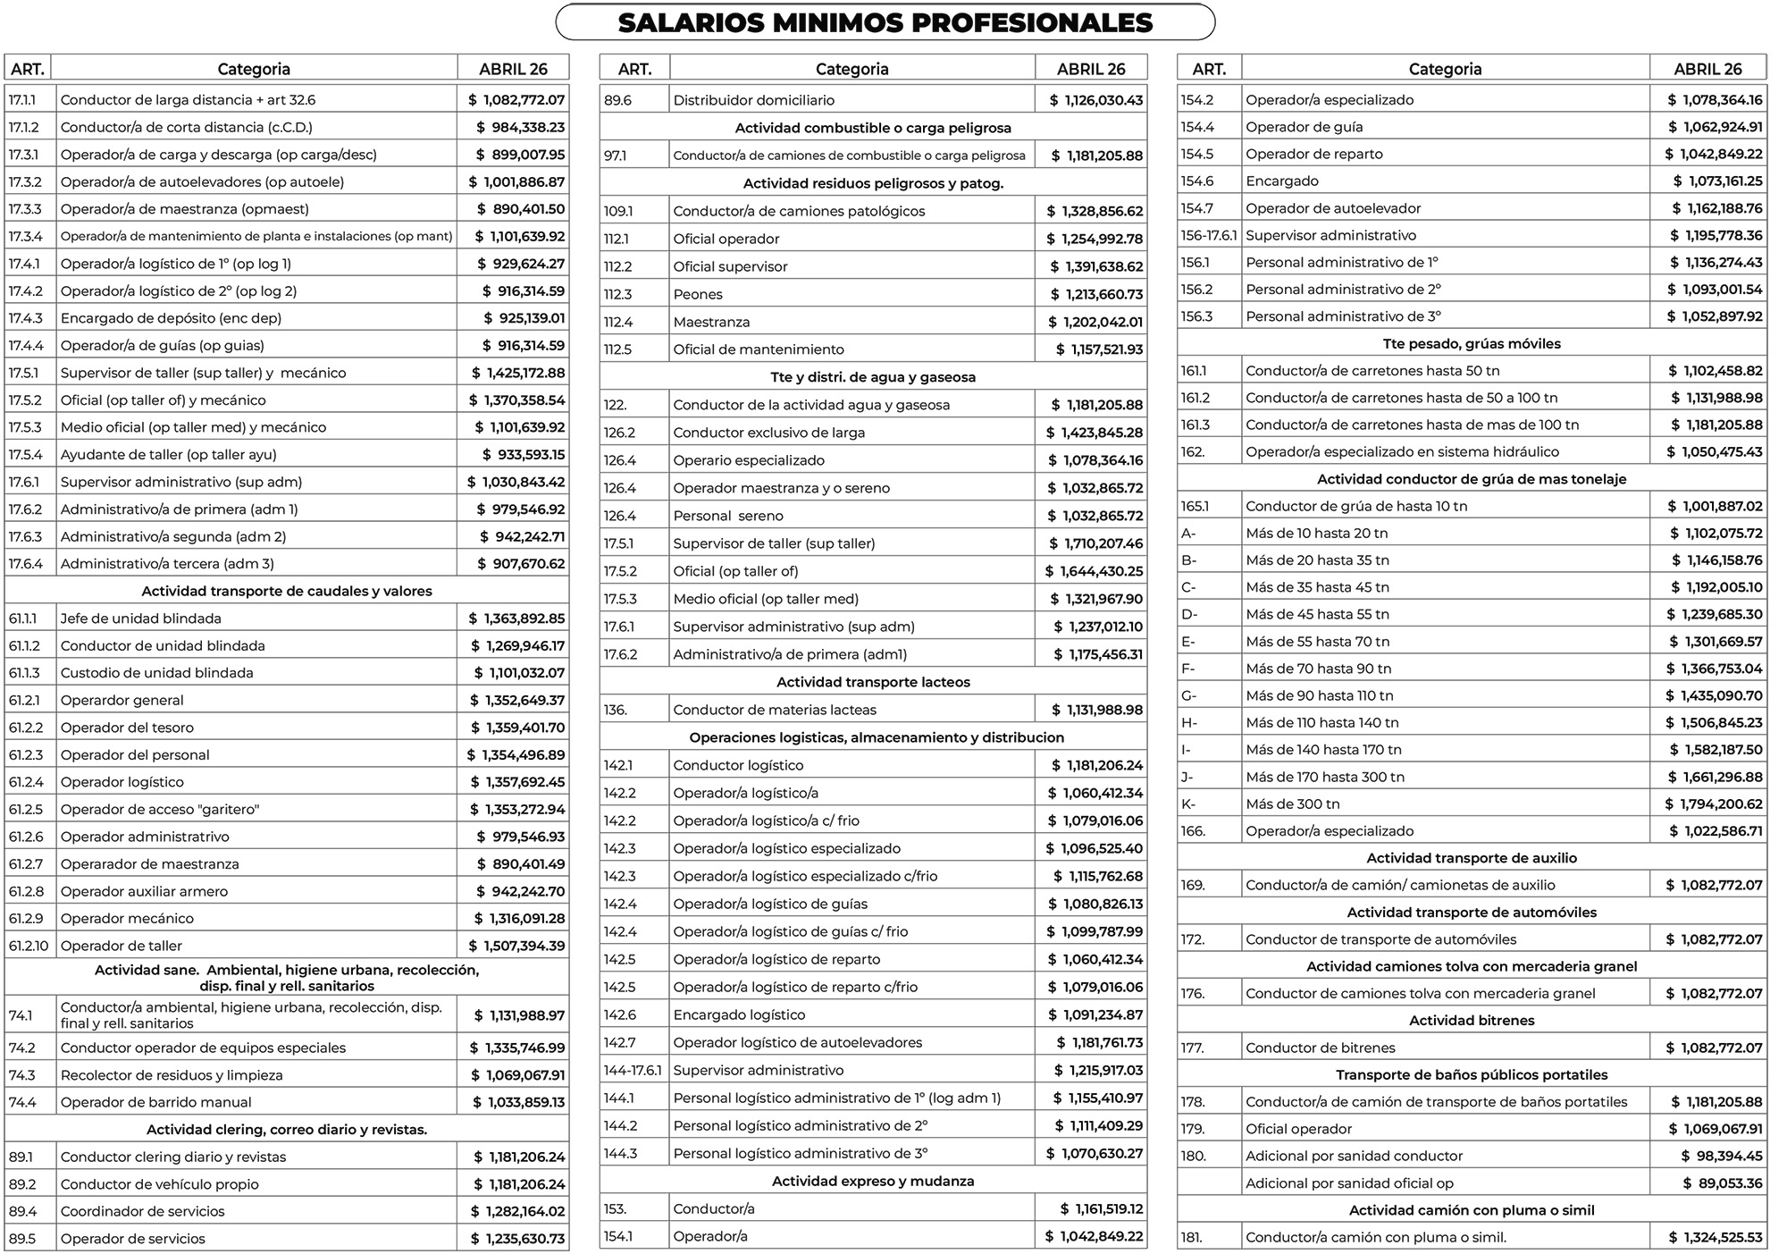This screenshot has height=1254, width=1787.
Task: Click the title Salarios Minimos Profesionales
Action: tap(885, 22)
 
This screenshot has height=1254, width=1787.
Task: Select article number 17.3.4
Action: tap(25, 236)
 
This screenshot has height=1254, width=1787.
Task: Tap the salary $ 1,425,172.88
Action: tap(518, 373)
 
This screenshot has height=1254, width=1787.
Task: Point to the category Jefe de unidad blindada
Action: tap(140, 619)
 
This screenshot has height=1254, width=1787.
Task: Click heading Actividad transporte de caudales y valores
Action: tap(287, 591)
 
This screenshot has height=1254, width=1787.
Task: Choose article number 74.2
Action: tap(21, 1048)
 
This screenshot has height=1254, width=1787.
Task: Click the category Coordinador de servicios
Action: tap(142, 1211)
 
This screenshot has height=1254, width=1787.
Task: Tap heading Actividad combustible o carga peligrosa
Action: tap(873, 128)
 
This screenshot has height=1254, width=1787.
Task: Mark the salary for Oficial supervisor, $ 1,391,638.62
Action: tap(1095, 266)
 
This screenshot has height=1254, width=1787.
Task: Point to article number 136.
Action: tap(615, 710)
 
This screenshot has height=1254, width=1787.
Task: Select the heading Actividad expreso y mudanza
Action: tap(873, 1181)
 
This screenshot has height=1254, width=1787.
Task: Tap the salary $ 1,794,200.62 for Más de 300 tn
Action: tap(1714, 804)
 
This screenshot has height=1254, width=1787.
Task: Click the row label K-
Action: tap(1188, 804)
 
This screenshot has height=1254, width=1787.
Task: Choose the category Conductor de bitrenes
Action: tap(1320, 1048)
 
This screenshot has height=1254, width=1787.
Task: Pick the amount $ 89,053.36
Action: tap(1723, 1183)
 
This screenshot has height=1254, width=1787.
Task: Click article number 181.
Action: tap(1192, 1238)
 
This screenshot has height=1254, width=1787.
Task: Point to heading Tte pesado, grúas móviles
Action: tap(1472, 343)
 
